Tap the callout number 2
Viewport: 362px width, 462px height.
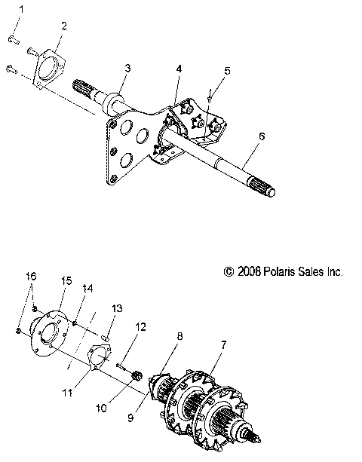pos(63,26)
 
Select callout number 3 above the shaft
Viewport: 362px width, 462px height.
pos(127,68)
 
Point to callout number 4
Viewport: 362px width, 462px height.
pos(179,69)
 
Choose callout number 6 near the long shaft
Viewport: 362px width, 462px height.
pos(261,136)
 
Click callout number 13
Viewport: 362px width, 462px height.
pos(117,308)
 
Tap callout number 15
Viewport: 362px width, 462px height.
pos(66,280)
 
